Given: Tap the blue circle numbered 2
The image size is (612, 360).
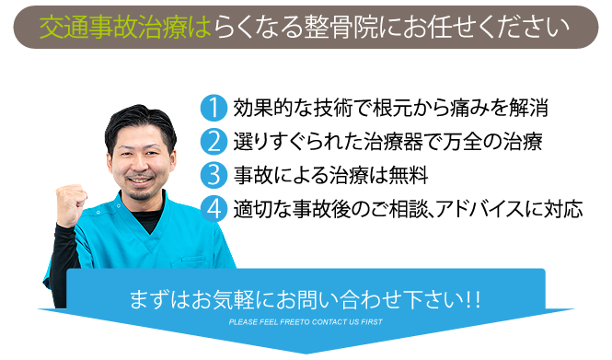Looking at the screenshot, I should [213, 142].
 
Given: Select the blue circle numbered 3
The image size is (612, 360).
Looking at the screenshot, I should [213, 174].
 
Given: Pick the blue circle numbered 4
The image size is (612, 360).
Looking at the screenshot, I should [213, 207].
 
